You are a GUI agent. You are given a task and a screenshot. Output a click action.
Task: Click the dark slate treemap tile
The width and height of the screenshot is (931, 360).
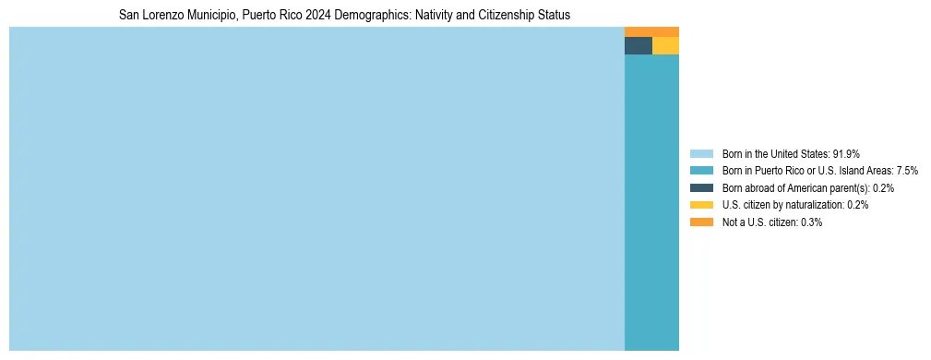[638, 46]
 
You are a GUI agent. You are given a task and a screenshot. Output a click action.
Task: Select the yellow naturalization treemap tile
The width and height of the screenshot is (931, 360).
[665, 46]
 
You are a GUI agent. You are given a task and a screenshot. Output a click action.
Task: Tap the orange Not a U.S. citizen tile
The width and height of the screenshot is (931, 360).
[651, 31]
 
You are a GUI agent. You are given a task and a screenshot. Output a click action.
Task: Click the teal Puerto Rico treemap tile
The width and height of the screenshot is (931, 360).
[651, 203]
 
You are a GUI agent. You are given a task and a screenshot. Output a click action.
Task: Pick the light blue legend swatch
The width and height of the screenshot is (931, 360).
[701, 153]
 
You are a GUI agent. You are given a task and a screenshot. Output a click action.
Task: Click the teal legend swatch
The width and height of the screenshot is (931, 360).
[701, 171]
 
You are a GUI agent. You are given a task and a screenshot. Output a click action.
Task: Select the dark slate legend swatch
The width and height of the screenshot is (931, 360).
[701, 187]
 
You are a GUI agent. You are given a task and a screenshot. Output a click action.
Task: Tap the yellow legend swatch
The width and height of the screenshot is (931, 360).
[701, 205]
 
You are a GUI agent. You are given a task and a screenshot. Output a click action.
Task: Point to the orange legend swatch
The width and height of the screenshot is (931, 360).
[701, 222]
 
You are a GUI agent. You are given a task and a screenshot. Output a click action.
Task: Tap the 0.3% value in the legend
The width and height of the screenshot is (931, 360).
[811, 222]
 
